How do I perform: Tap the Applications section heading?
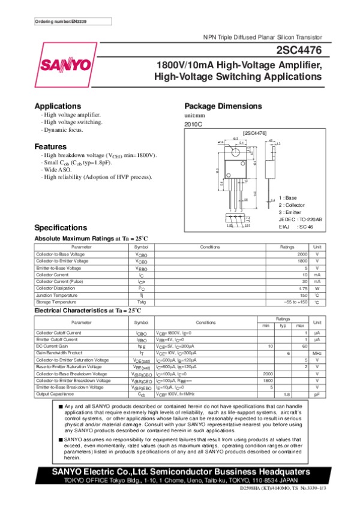tap(58, 106)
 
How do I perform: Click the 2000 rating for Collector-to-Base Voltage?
tap(302, 255)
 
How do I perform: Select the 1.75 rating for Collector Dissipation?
tap(303, 288)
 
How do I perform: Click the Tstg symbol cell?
tap(141, 302)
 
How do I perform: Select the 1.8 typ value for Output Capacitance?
tap(287, 394)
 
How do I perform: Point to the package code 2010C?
tap(194, 124)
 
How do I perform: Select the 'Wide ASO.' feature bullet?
tap(59, 170)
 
